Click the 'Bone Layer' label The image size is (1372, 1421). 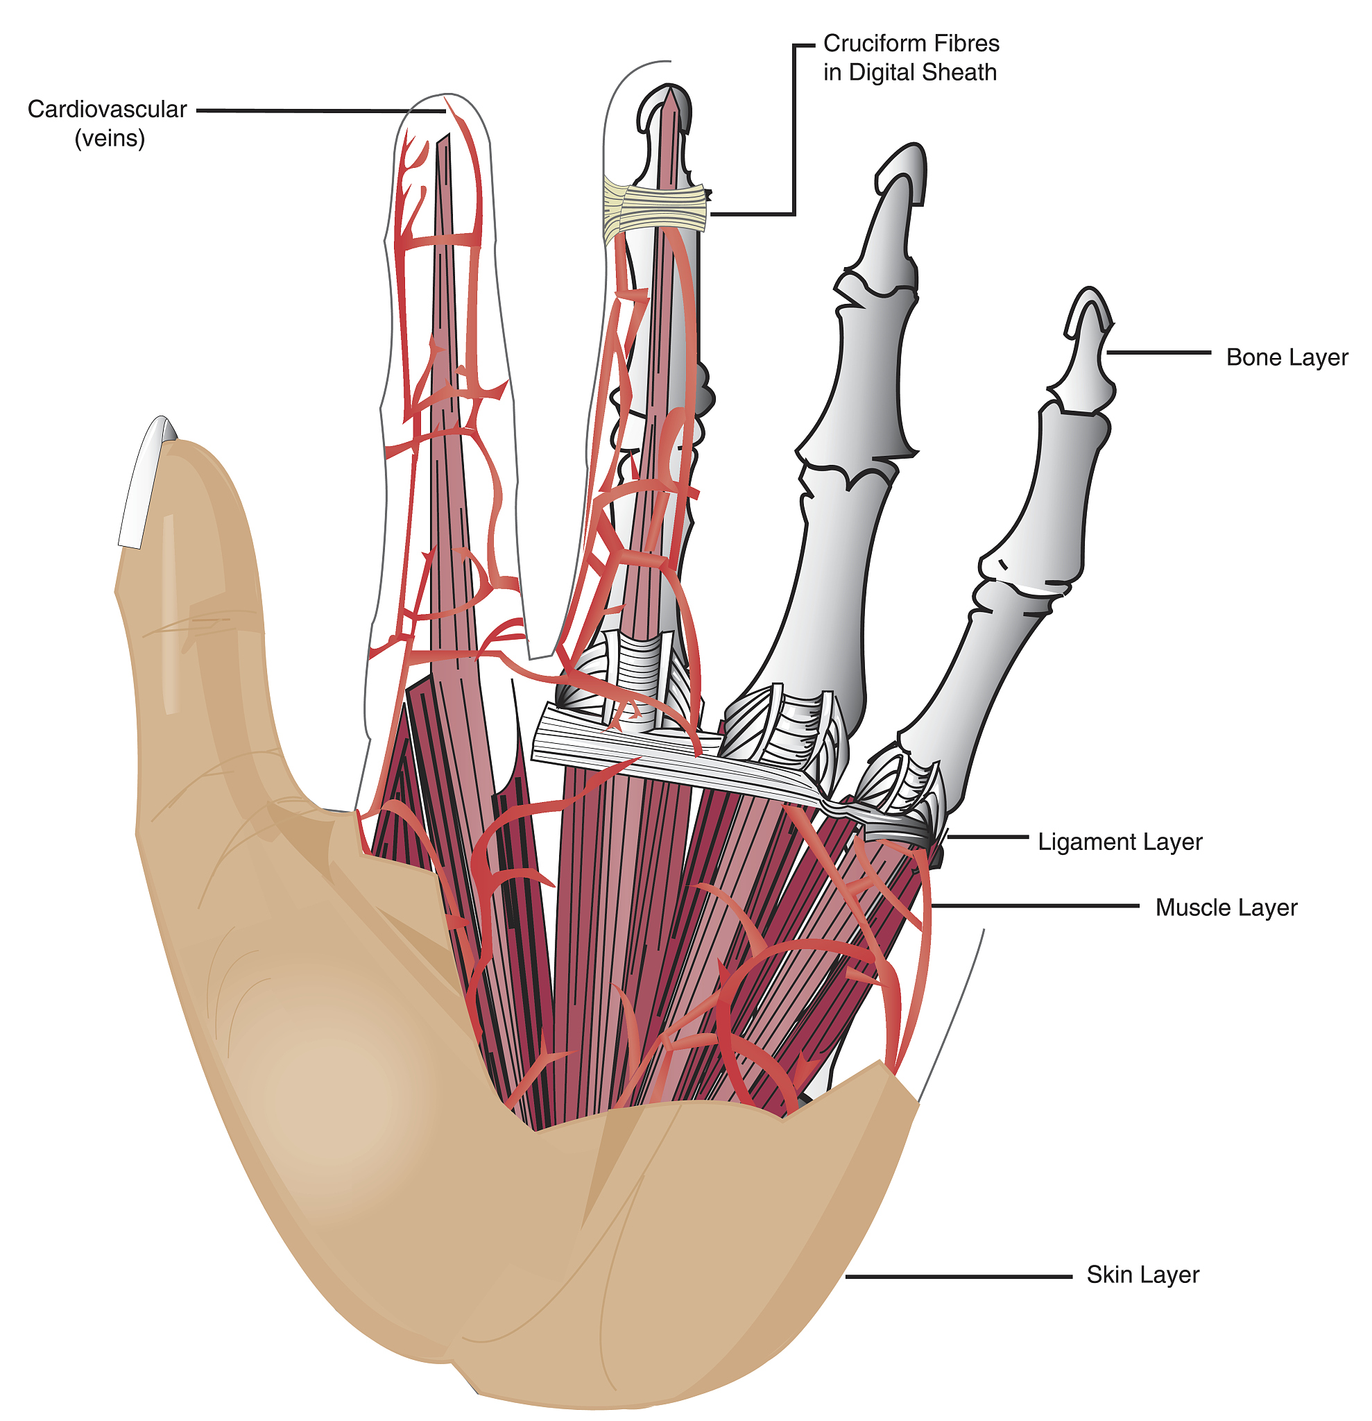(x=1287, y=357)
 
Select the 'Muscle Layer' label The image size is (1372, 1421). (x=1226, y=908)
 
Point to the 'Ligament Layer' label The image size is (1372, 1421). (x=1120, y=842)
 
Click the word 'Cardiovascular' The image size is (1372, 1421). (x=108, y=110)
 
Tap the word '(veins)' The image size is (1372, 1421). (x=110, y=139)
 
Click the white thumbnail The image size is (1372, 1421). (x=145, y=482)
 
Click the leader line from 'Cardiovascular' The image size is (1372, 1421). (x=319, y=111)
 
